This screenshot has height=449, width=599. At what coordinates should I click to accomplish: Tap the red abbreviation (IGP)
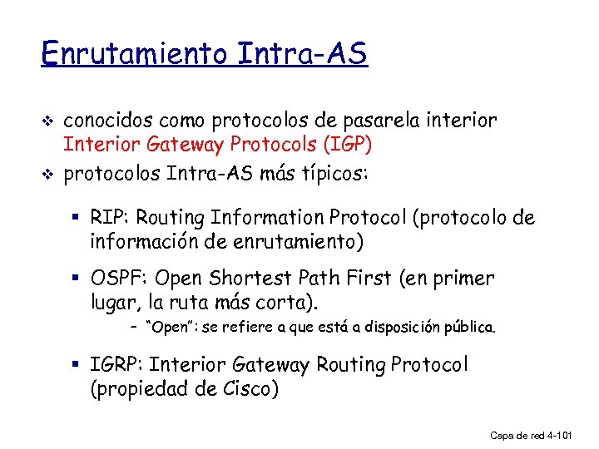(x=346, y=145)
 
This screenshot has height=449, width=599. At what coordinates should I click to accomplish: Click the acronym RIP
(x=109, y=218)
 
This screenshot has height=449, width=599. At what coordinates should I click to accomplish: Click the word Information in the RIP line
(x=265, y=218)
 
